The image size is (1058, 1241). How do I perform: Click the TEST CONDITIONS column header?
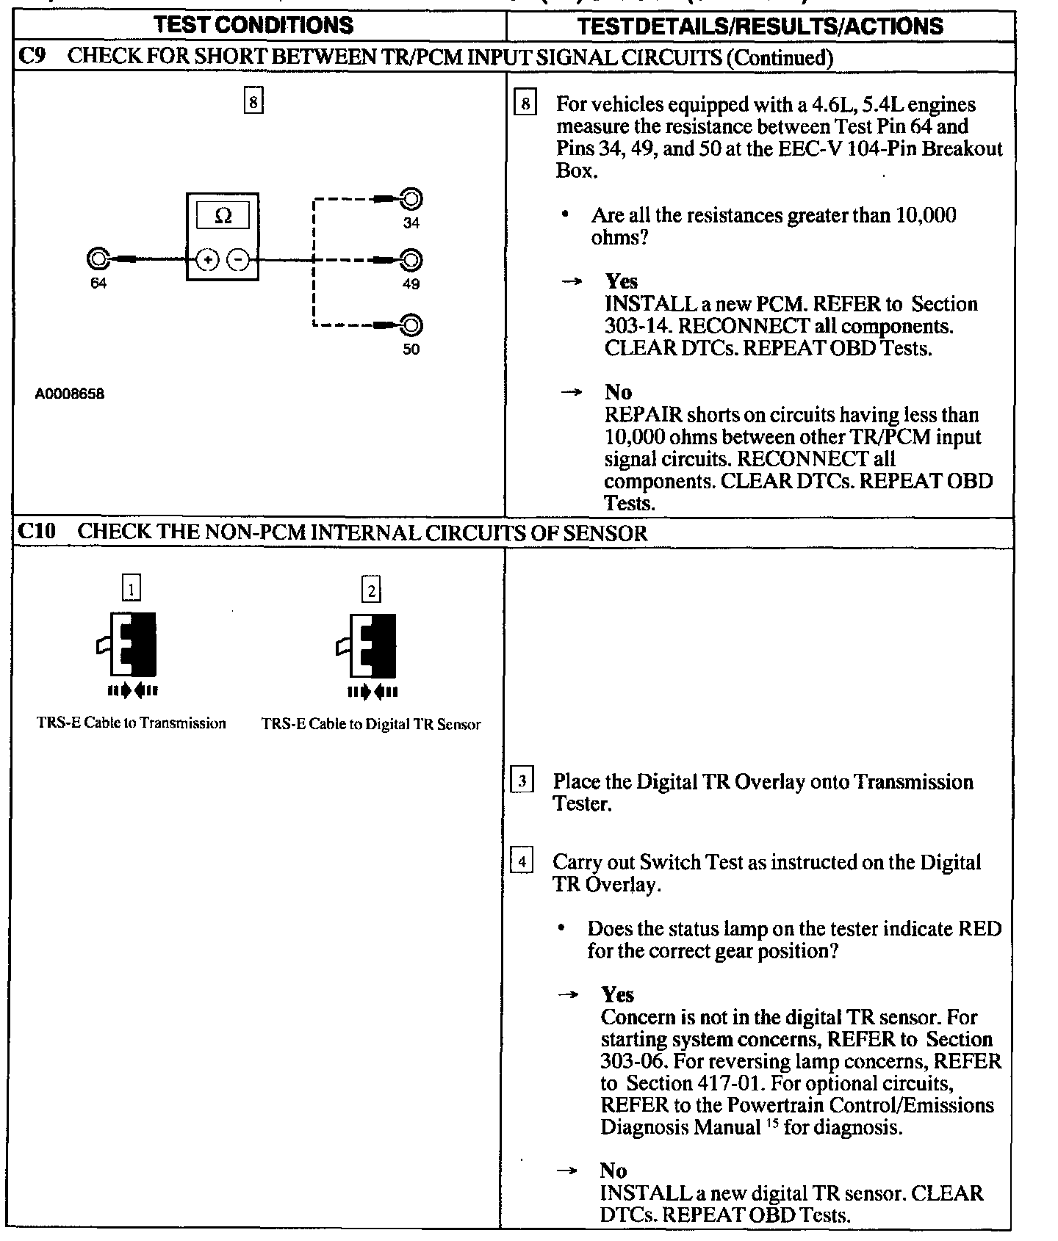254,25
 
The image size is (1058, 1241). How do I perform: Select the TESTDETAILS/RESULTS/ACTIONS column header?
760,26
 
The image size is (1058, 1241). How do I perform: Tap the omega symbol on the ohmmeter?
223,216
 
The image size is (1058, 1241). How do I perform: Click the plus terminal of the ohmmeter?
208,260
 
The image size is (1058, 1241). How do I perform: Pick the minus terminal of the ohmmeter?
237,260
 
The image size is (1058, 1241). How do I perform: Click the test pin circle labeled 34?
411,198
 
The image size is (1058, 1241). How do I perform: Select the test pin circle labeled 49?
411,260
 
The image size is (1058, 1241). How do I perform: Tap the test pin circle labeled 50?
411,325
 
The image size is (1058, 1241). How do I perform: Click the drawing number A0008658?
70,394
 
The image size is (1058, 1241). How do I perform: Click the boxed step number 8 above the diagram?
253,102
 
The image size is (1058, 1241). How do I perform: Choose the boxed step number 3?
521,781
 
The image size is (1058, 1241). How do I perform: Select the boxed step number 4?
521,861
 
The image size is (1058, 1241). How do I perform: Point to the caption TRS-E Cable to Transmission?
132,723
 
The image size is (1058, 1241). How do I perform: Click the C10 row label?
36,532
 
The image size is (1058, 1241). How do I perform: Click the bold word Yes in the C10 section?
617,995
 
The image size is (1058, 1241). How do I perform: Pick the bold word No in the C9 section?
618,392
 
